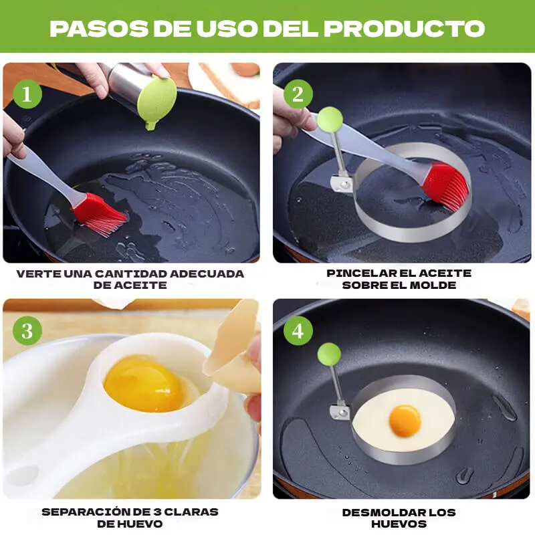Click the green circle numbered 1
pos(27,94)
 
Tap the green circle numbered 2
pos(298,94)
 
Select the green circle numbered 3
pos(27,330)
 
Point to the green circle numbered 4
pos(298,330)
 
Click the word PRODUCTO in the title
pos(404,28)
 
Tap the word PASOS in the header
pos(99,28)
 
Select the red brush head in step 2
pos(445,187)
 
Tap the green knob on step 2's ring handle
pos(330,119)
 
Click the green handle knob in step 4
pos(329,354)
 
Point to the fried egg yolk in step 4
pos(405,421)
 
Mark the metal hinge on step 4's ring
pos(340,412)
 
